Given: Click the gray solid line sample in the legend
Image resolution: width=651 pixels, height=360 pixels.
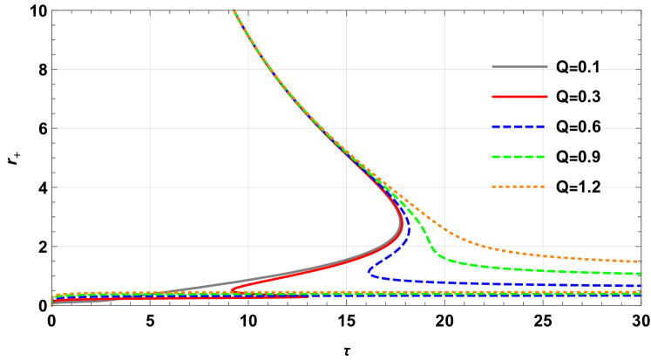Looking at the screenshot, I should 519,67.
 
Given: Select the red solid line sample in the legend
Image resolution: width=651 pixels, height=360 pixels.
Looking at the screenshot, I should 519,97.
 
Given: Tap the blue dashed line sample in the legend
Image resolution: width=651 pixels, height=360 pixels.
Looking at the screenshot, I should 519,127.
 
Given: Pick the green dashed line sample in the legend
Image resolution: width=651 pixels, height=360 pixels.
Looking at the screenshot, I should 519,157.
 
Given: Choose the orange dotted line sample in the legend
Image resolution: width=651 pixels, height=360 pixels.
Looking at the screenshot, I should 519,187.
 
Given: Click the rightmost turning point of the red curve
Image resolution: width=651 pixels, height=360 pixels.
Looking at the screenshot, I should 401,228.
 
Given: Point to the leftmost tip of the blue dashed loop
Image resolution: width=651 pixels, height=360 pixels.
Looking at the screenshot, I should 369,271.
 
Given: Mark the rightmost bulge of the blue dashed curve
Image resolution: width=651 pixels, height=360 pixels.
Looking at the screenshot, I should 409,233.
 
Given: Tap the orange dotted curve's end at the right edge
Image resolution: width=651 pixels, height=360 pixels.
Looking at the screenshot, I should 641,261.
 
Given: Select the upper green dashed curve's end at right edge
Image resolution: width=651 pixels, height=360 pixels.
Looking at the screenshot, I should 641,274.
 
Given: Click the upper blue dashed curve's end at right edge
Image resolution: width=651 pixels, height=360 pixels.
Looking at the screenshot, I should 641,286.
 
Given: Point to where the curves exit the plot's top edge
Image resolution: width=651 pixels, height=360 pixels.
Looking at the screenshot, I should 234,11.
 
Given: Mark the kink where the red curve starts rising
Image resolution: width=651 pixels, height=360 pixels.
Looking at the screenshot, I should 233,289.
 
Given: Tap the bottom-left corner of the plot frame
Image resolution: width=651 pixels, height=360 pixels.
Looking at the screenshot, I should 52,305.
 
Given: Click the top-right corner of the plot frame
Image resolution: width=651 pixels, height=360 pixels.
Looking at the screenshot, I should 641,10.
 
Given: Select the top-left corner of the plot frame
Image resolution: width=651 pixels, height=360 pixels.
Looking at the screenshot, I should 52,10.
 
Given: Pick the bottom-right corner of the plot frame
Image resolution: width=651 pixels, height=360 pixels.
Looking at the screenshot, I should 641,305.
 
